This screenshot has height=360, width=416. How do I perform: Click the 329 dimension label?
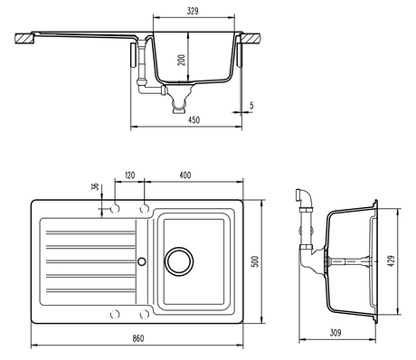[x=193, y=11]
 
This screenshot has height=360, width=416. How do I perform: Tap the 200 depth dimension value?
[x=182, y=61]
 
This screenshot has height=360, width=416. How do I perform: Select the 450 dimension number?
[x=194, y=120]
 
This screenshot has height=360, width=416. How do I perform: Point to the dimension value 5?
[x=251, y=106]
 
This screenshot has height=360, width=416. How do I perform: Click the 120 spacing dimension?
[x=129, y=175]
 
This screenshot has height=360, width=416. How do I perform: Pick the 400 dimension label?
[x=185, y=175]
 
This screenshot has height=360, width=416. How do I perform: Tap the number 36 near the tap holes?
[x=95, y=186]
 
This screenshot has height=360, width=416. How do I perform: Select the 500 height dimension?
[x=255, y=261]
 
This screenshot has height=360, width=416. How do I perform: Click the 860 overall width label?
[x=138, y=338]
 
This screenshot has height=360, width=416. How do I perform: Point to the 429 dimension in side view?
[x=391, y=261]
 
